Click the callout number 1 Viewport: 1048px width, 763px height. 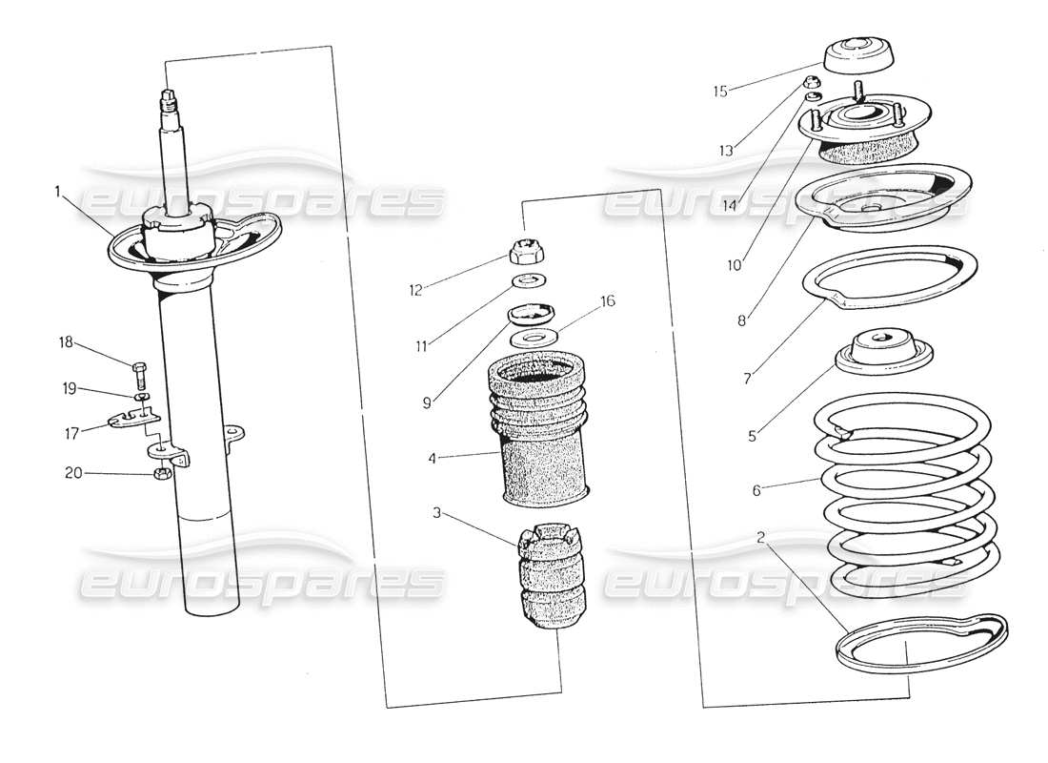pyautogui.click(x=57, y=192)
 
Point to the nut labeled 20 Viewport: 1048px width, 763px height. pyautogui.click(x=162, y=473)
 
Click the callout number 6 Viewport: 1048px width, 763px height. pyautogui.click(x=756, y=490)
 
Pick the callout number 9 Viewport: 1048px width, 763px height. pyautogui.click(x=428, y=402)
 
